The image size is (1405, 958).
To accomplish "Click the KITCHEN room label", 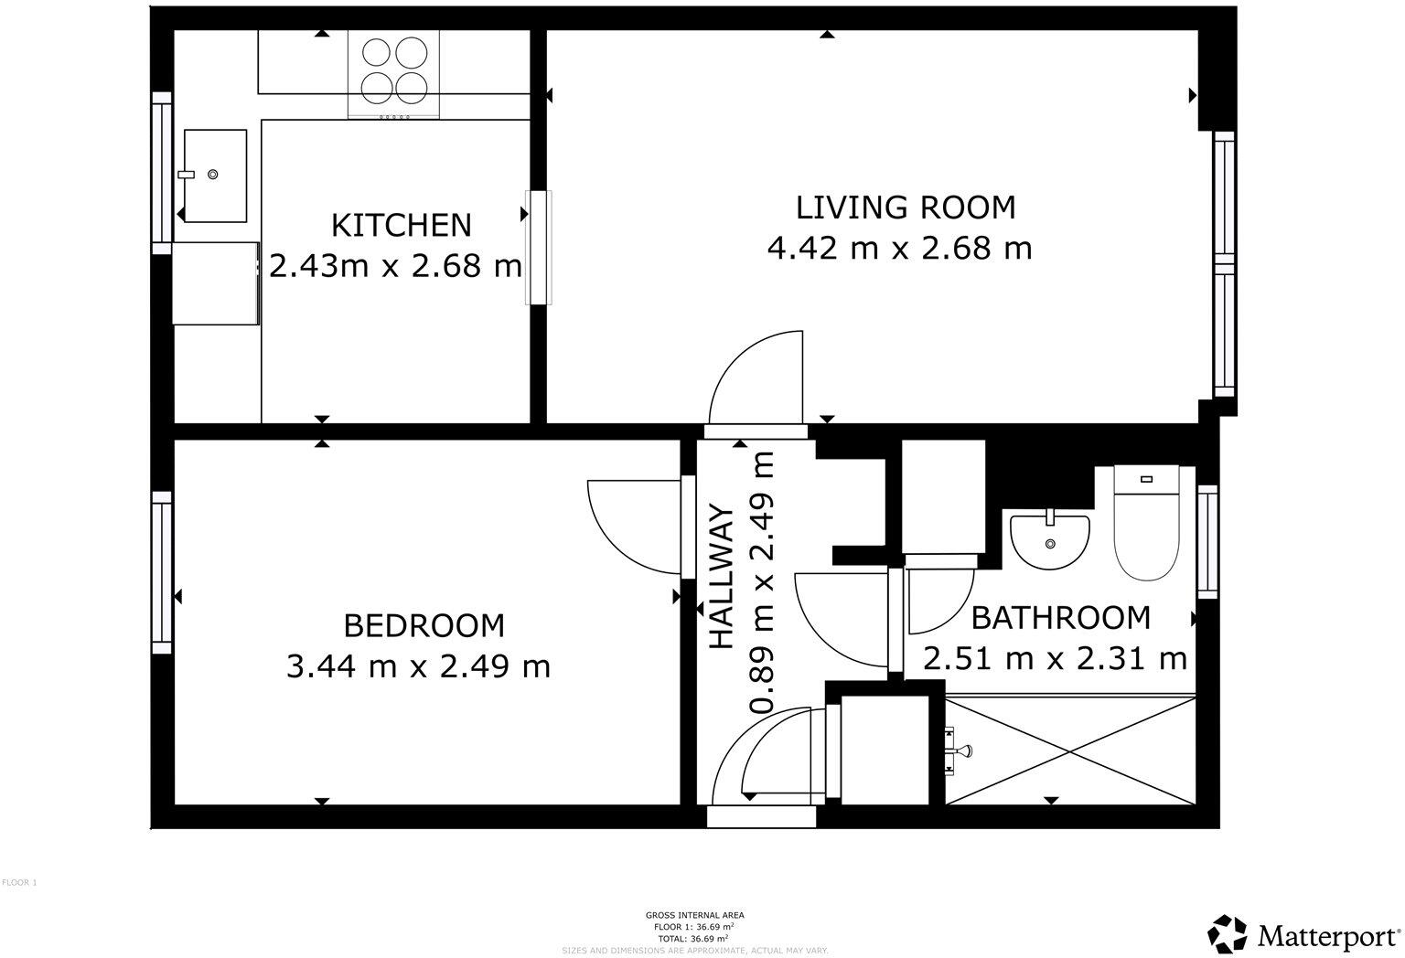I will pyautogui.click(x=401, y=225).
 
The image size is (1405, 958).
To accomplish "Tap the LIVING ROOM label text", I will pyautogui.click(x=906, y=208).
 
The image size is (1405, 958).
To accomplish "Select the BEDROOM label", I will pyautogui.click(x=424, y=626).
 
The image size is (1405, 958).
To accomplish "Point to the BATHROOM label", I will pyautogui.click(x=1060, y=618).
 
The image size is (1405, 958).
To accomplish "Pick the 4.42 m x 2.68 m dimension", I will pyautogui.click(x=899, y=249).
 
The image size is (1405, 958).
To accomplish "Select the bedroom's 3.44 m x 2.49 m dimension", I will pyautogui.click(x=419, y=666).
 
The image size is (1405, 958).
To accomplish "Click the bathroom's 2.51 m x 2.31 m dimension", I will pyautogui.click(x=1055, y=658).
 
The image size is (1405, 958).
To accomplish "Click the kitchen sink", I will pyautogui.click(x=215, y=175).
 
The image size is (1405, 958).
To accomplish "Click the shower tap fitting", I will pyautogui.click(x=959, y=751).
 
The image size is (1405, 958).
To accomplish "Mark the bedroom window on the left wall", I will pyautogui.click(x=162, y=572).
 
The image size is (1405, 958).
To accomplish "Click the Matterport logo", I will pyautogui.click(x=1305, y=934).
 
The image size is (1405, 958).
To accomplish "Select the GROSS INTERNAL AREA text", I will pyautogui.click(x=695, y=915).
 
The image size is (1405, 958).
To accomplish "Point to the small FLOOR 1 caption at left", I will pyautogui.click(x=19, y=883).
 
